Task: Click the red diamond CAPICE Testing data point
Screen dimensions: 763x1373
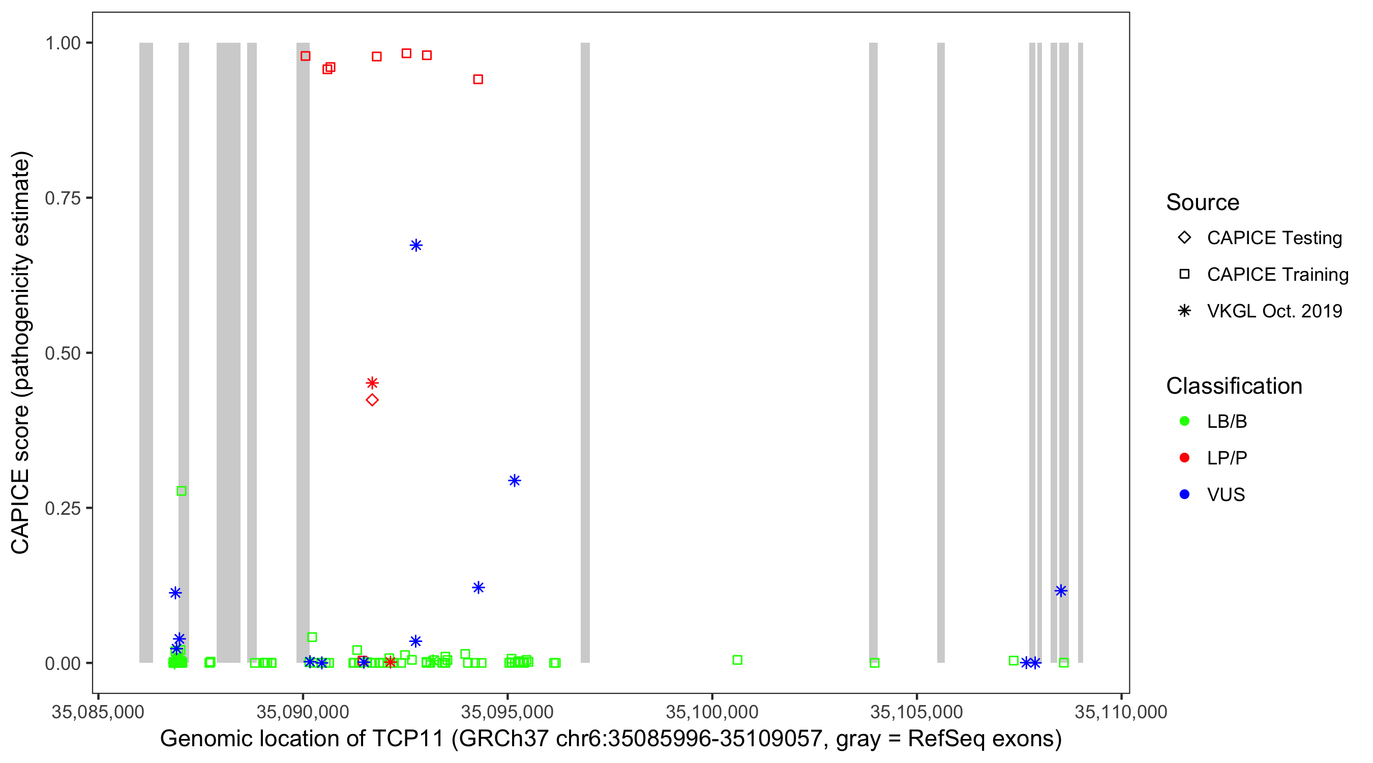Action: point(372,400)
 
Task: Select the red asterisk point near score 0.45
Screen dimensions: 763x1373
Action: point(372,383)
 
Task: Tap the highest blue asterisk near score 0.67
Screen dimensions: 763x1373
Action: point(416,245)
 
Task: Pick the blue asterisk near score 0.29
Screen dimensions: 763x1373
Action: point(514,480)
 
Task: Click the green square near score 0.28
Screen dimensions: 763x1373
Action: point(181,491)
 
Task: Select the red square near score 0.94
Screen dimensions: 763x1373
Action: point(478,79)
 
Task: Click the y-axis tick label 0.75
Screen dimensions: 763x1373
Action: point(63,198)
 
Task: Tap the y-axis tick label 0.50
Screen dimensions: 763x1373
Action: point(63,353)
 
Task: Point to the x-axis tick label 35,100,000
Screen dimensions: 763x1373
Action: point(711,712)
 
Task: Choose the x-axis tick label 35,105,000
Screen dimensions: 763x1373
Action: point(916,712)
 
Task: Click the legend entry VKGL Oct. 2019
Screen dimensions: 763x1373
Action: point(1274,311)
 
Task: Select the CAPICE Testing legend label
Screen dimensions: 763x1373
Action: point(1274,238)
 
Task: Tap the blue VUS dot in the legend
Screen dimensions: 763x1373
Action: point(1184,494)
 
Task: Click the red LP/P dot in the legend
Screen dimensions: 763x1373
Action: point(1184,458)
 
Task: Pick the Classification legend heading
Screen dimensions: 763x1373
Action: point(1233,386)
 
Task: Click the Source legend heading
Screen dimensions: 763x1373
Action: point(1203,202)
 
